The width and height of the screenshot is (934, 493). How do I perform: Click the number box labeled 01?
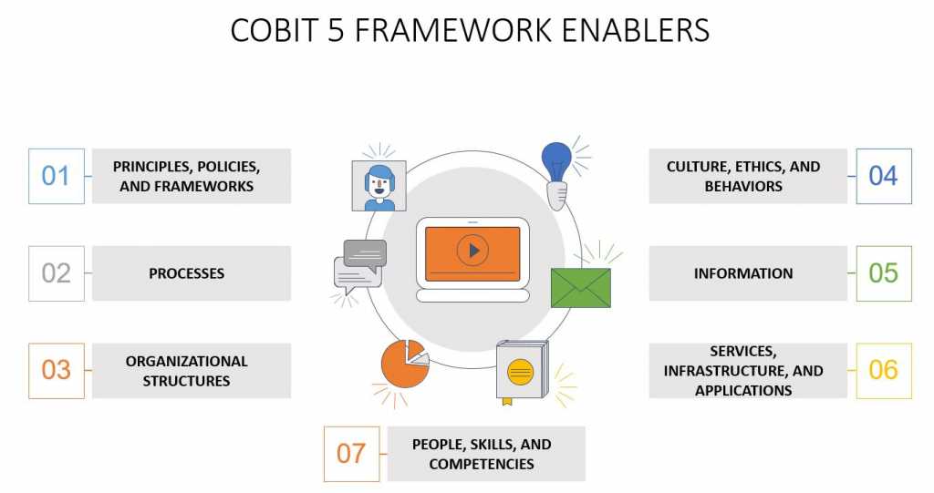click(56, 176)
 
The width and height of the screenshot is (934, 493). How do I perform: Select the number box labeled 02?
click(56, 272)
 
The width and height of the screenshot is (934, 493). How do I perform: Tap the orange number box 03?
click(56, 370)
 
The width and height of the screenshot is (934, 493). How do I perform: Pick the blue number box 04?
click(883, 176)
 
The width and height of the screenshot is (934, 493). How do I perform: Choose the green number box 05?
click(883, 272)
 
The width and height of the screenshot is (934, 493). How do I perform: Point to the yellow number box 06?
click(883, 370)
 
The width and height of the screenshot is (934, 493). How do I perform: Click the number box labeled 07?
click(351, 454)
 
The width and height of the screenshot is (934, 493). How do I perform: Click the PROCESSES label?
click(186, 273)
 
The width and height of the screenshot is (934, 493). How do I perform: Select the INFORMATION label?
click(743, 273)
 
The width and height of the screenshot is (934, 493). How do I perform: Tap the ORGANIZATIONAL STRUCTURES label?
click(186, 371)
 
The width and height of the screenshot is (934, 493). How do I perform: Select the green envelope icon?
click(580, 288)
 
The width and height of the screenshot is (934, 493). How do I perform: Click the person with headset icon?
click(379, 186)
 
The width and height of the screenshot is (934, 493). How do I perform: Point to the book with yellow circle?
click(521, 371)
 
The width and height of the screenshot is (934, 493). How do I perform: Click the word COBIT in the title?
click(271, 30)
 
